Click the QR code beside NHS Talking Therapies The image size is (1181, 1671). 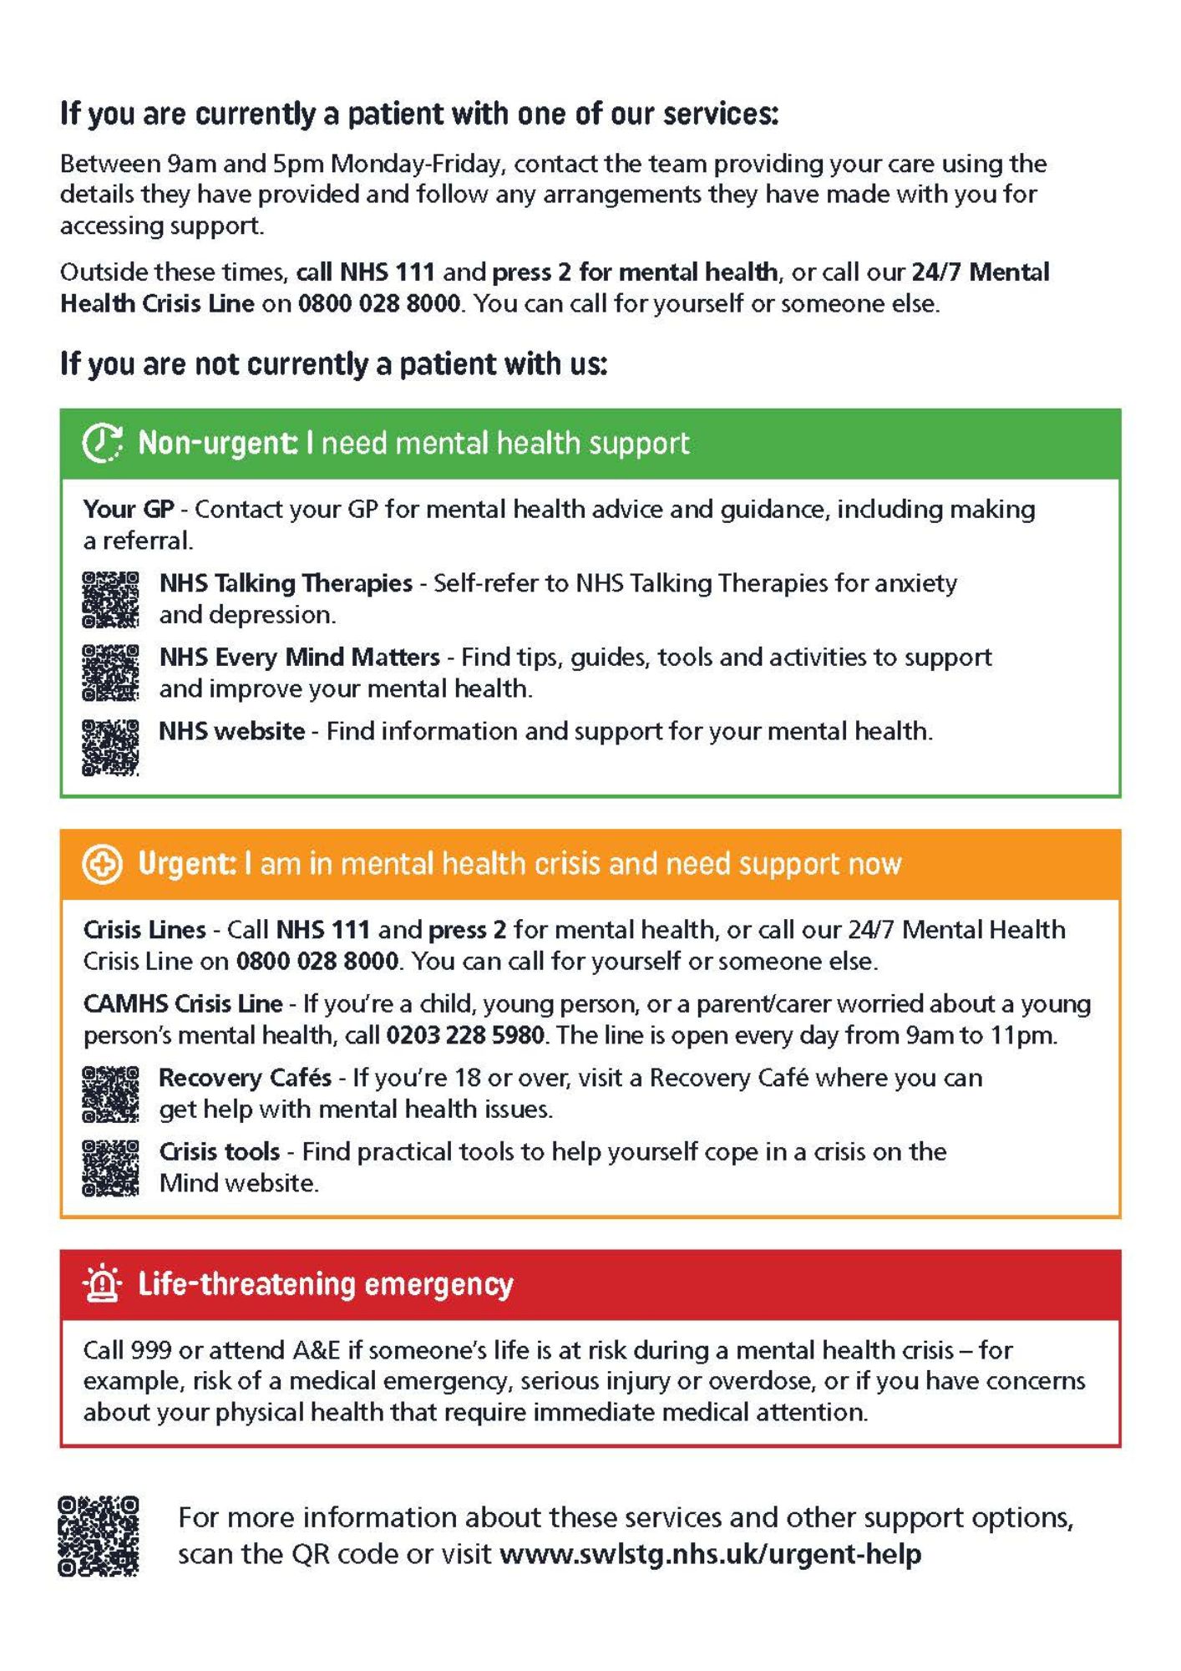(110, 599)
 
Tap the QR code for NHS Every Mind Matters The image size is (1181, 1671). (110, 673)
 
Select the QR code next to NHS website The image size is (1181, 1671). (110, 747)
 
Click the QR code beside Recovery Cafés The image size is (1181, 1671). (110, 1094)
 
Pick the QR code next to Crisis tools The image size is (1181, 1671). (110, 1167)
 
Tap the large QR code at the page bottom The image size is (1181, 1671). (99, 1536)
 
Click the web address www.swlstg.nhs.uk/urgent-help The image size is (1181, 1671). (710, 1554)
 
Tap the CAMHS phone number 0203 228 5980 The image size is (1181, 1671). (465, 1036)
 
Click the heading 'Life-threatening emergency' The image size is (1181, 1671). (326, 1284)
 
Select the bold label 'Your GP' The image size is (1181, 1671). (128, 509)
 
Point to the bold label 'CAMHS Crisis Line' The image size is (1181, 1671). (183, 1003)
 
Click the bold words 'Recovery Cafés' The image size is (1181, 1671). (245, 1078)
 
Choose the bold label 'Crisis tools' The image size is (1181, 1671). (220, 1152)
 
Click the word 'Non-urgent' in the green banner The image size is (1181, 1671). (215, 443)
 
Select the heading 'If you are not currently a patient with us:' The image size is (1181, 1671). (333, 364)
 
